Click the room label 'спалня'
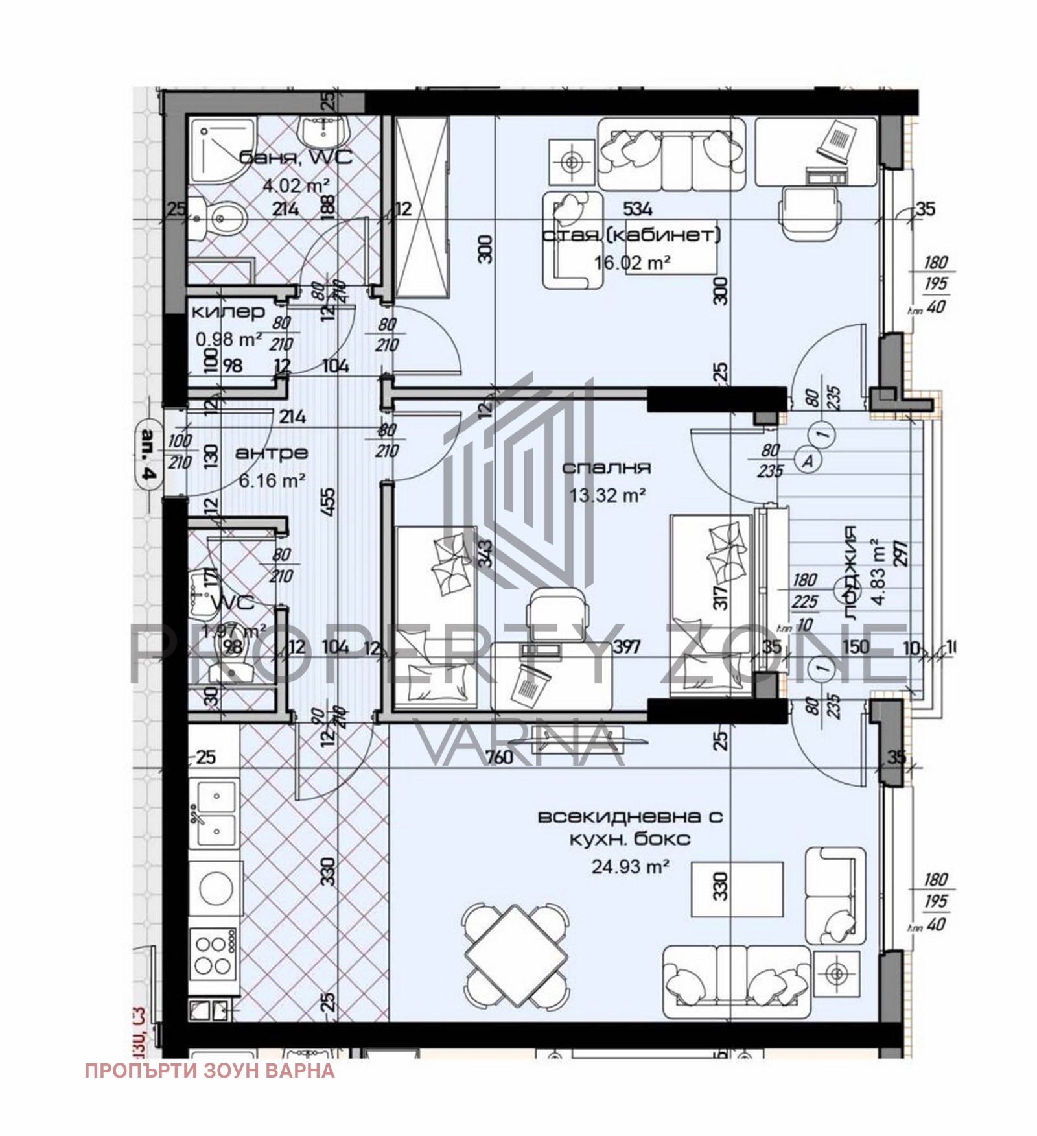[x=606, y=467]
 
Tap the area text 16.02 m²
[x=632, y=262]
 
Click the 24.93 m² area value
[x=630, y=866]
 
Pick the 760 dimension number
[x=499, y=757]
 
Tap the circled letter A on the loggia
[x=808, y=460]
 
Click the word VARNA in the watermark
[x=518, y=742]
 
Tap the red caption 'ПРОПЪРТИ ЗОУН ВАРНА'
[x=209, y=1071]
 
